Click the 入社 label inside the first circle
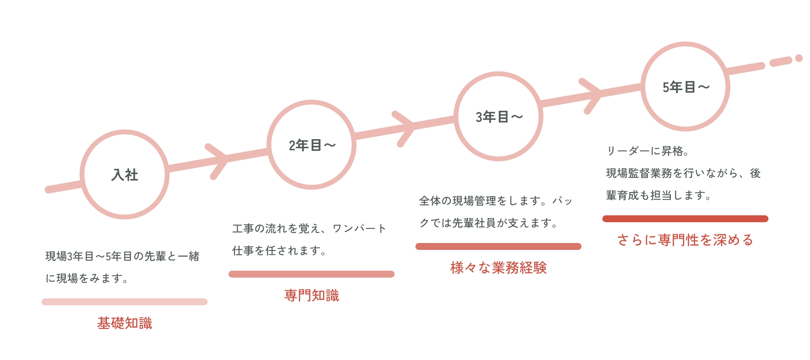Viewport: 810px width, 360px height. tap(125, 175)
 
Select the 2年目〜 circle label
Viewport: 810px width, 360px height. tap(312, 145)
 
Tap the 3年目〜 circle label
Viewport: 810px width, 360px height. tap(499, 117)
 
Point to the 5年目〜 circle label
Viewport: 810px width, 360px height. tap(686, 87)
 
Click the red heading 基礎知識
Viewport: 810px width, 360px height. tap(125, 323)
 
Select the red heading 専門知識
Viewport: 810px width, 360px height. tap(312, 295)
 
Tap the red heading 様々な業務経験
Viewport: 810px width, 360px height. tap(498, 268)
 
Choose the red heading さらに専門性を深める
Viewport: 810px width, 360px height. tap(685, 240)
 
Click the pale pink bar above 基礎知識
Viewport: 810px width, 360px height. tap(125, 302)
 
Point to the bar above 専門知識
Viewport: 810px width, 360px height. tap(312, 274)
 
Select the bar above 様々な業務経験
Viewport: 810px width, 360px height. tap(498, 246)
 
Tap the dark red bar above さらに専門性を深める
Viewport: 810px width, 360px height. tap(685, 219)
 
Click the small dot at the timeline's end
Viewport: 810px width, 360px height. tap(799, 58)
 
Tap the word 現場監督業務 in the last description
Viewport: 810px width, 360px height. tap(639, 173)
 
